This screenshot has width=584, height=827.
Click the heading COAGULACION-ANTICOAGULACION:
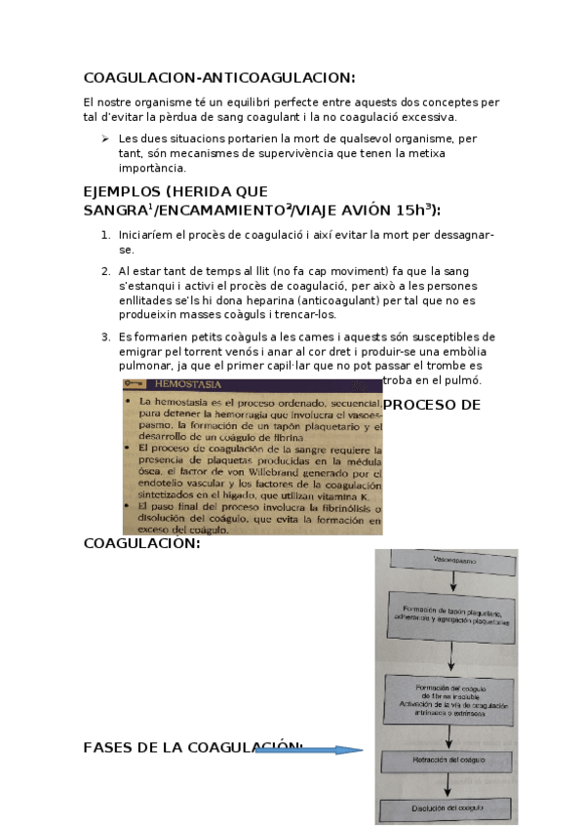point(219,78)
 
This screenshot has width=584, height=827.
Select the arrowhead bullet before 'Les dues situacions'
point(105,138)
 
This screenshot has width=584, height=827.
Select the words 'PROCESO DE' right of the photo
point(432,404)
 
